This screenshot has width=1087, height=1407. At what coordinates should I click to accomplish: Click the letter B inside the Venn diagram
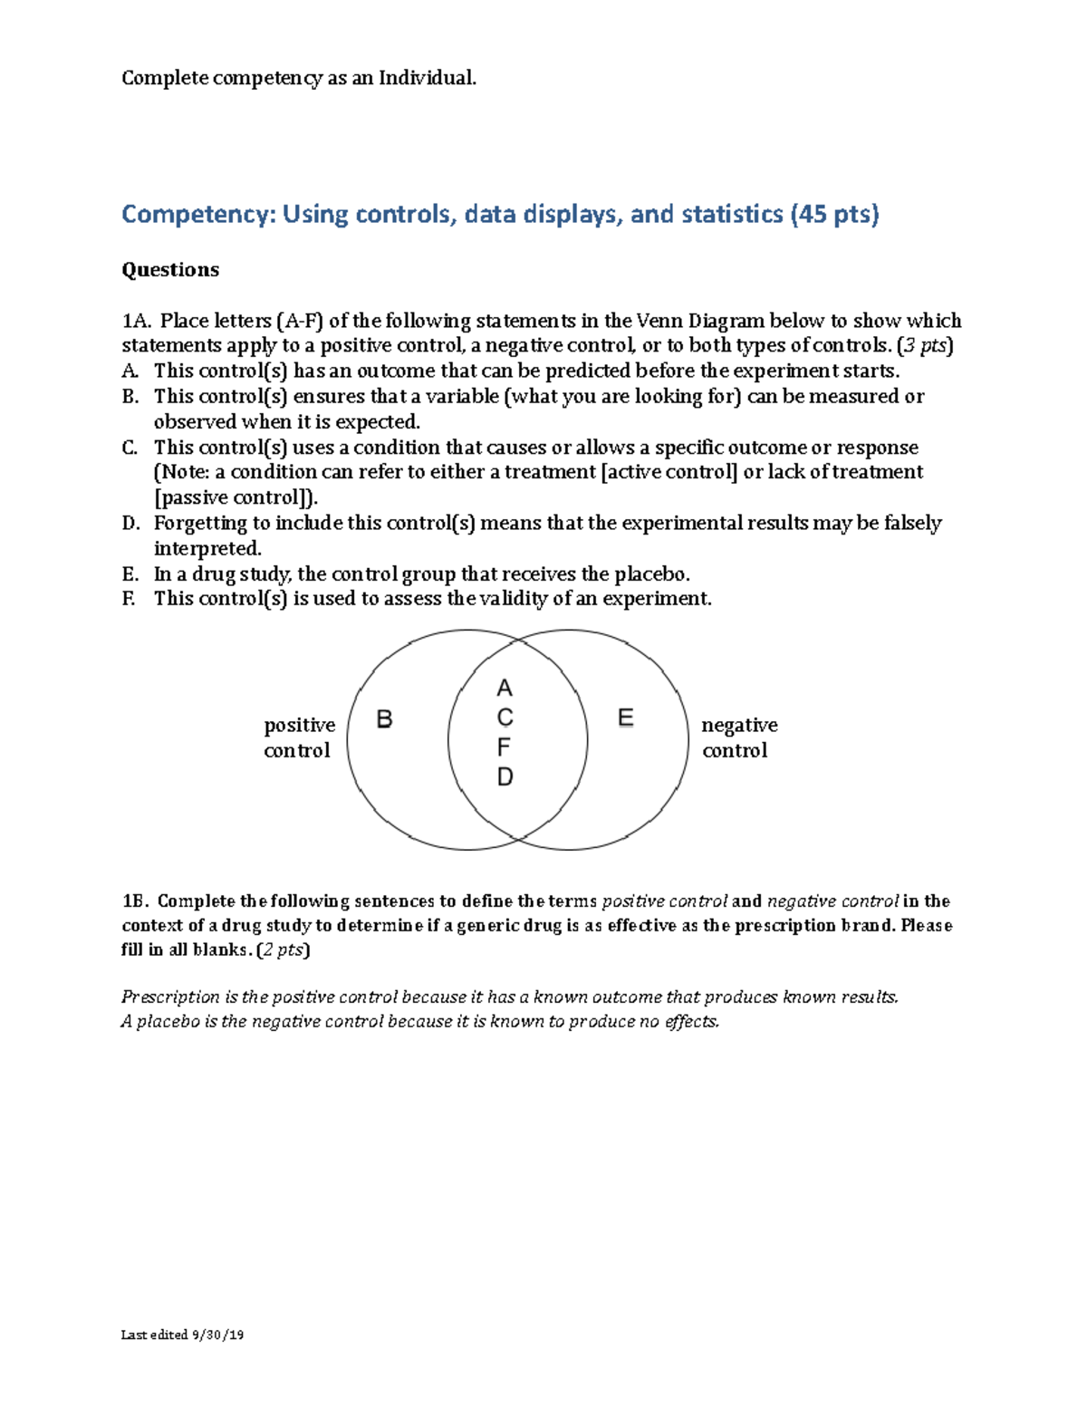384,719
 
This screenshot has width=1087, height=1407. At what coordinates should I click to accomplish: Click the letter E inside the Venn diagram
625,718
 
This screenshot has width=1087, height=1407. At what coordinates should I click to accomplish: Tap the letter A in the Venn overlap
505,689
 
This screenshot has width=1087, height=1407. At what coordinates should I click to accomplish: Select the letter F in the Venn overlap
504,747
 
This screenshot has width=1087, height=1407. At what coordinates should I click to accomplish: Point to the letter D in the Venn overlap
505,777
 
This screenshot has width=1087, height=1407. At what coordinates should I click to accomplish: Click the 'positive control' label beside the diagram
299,737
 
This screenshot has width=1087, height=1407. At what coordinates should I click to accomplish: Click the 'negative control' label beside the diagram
739,737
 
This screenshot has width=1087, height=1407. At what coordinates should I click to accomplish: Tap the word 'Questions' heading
170,270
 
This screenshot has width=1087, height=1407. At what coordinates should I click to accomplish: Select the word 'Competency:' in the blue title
198,215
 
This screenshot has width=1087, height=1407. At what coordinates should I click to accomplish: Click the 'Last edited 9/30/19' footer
182,1335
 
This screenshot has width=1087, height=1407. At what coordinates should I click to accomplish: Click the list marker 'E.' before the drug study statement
130,574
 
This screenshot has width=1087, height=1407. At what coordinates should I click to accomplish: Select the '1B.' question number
135,901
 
